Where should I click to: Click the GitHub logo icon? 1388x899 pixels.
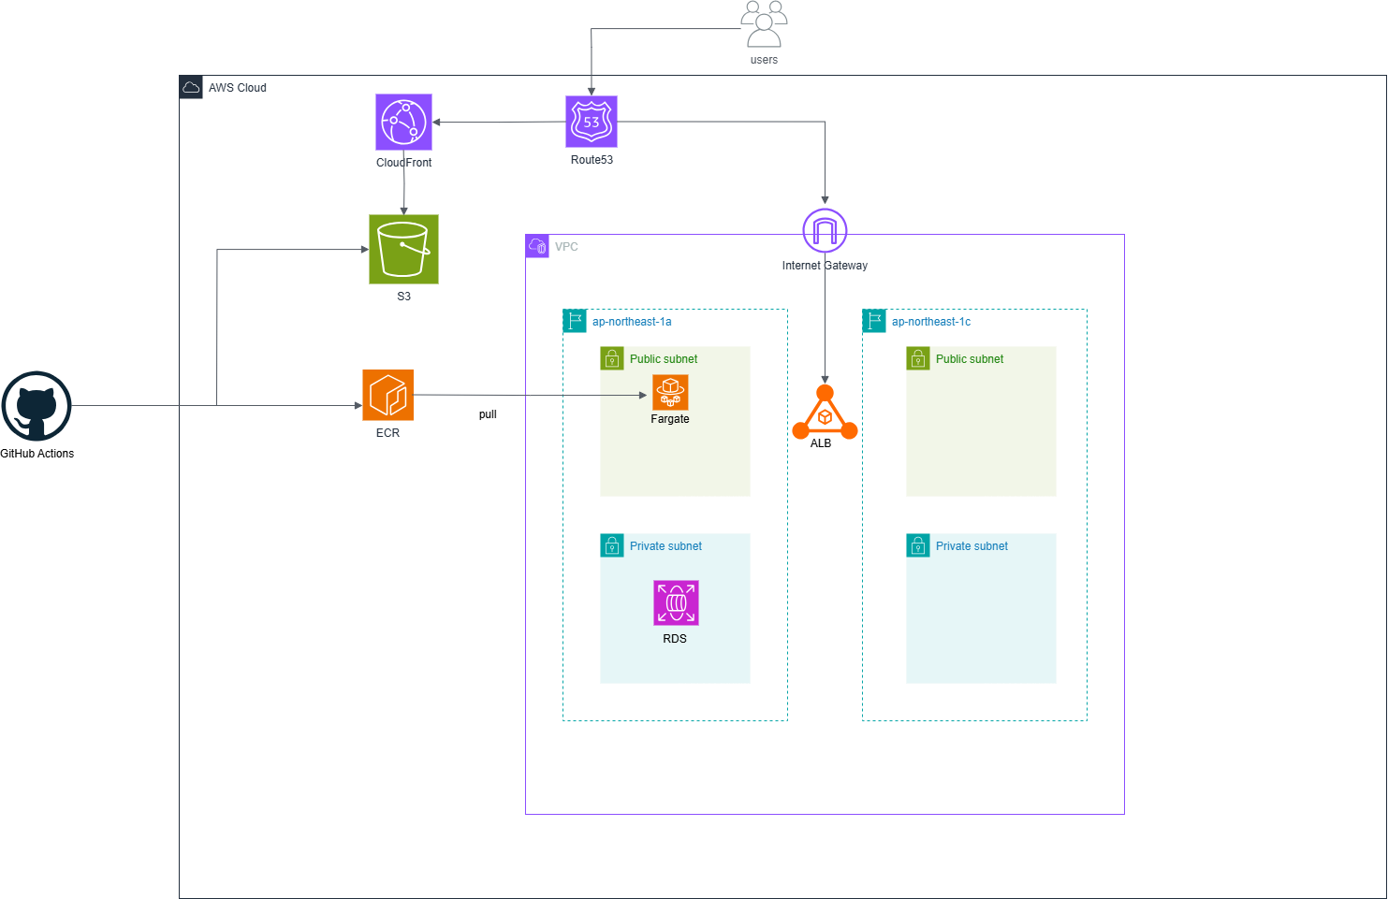[37, 406]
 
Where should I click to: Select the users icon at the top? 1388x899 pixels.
[764, 24]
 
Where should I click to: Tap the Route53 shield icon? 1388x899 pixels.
[592, 122]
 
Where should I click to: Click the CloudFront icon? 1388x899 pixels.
[403, 122]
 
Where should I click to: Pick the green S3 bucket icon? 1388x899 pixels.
[403, 249]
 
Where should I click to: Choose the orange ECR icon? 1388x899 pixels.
[387, 395]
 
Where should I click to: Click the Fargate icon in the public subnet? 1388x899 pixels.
[670, 393]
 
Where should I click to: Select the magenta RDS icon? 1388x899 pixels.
[676, 602]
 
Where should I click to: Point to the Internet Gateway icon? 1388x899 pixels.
[825, 230]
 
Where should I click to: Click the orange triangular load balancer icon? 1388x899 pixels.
[825, 413]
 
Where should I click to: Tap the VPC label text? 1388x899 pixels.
[566, 247]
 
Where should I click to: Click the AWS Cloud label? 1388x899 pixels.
[238, 88]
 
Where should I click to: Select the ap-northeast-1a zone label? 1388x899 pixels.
[632, 322]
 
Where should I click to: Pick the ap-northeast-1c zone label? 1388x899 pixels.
[931, 322]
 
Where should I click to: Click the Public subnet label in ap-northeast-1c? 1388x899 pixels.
[969, 359]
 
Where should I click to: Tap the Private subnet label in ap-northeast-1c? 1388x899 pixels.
[972, 546]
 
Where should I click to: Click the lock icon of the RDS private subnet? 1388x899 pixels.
[612, 545]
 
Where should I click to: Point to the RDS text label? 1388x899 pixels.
[675, 639]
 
